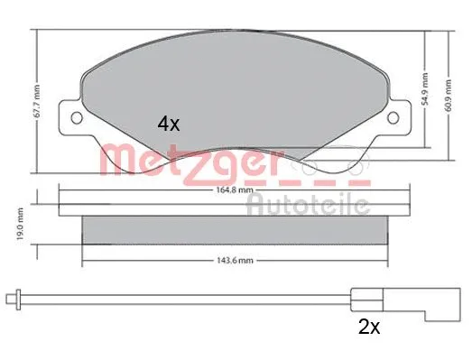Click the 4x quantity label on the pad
pyautogui.click(x=169, y=125)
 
